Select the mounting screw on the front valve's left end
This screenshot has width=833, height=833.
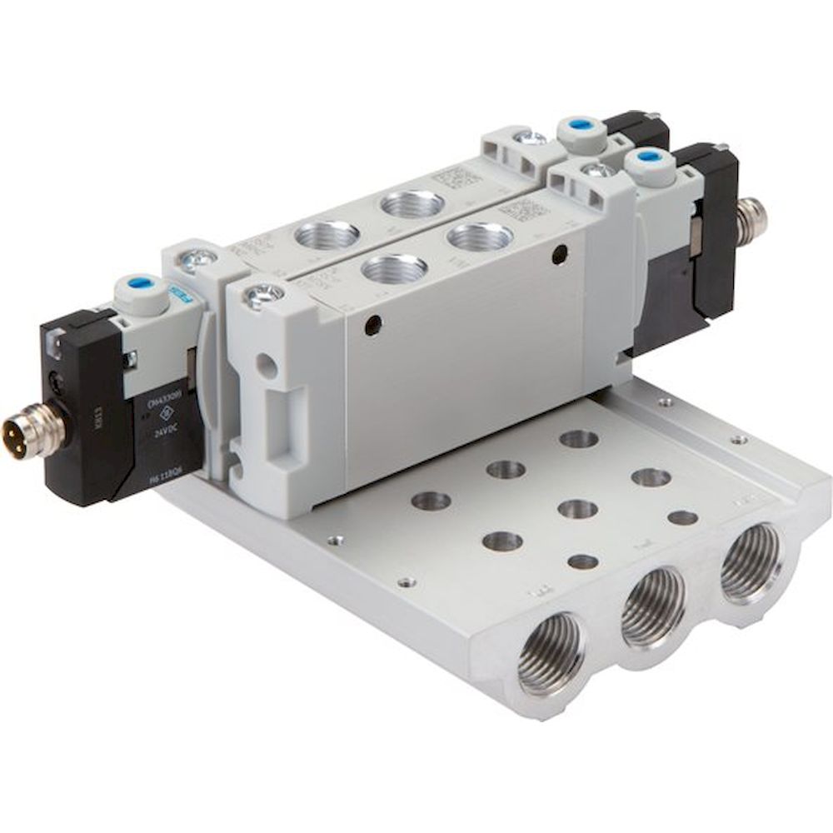tap(263, 294)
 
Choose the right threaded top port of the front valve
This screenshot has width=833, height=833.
tap(478, 237)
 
